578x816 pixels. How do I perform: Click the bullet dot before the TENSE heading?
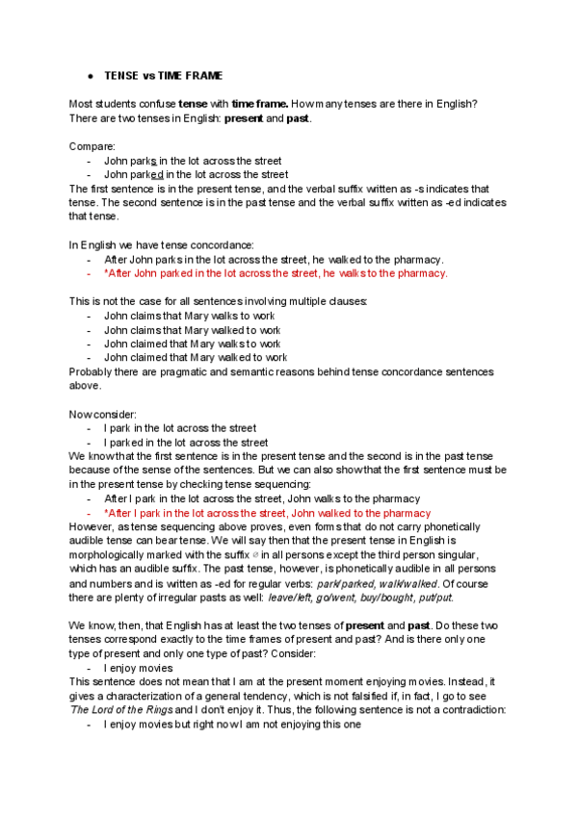(x=88, y=74)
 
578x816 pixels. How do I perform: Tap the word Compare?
(x=90, y=146)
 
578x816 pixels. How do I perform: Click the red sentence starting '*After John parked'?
(x=276, y=273)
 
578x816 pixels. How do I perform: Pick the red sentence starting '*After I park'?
(x=267, y=513)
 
